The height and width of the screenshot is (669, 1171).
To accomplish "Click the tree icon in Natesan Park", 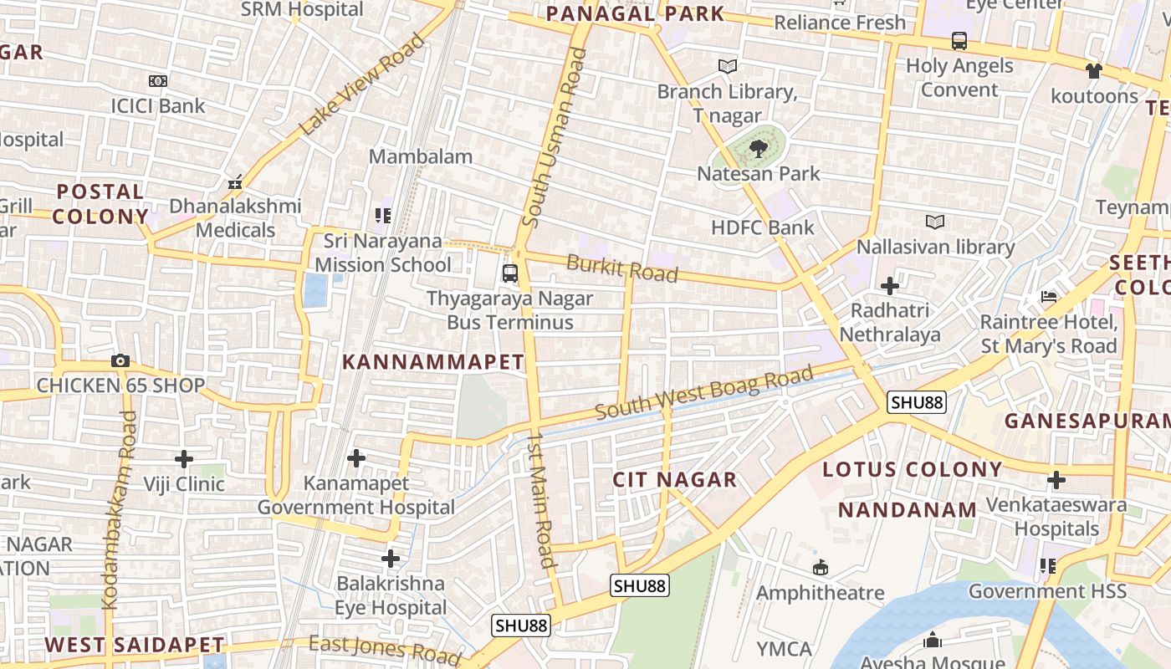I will click(x=759, y=149).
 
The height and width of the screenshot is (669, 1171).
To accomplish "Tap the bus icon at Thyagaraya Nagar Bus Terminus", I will click(x=509, y=273).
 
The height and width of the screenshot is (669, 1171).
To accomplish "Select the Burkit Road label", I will click(x=621, y=268).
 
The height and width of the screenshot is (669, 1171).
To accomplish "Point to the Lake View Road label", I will click(x=362, y=84).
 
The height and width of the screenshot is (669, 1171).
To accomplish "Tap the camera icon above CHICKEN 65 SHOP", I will click(x=120, y=361).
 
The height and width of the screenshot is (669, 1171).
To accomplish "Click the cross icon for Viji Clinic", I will click(x=184, y=458).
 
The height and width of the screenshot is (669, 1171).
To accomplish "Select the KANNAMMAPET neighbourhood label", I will click(x=433, y=362).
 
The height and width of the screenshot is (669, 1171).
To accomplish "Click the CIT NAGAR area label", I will click(x=674, y=479).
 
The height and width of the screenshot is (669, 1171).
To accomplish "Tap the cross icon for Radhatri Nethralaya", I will click(x=890, y=286).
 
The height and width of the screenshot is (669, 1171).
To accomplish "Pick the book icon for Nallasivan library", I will click(x=935, y=222).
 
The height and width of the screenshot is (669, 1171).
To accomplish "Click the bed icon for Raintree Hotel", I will click(x=1049, y=297).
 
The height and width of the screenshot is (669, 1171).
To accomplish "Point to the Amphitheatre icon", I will click(x=821, y=568).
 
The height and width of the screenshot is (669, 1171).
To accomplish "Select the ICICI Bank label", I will click(x=158, y=105).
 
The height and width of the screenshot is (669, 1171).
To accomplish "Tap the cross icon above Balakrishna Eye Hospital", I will click(x=391, y=558).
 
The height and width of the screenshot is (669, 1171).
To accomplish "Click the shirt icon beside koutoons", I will click(x=1094, y=71).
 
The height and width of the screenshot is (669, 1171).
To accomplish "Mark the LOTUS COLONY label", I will click(x=912, y=469).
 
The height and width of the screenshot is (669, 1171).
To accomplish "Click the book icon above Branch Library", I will click(x=728, y=66).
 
